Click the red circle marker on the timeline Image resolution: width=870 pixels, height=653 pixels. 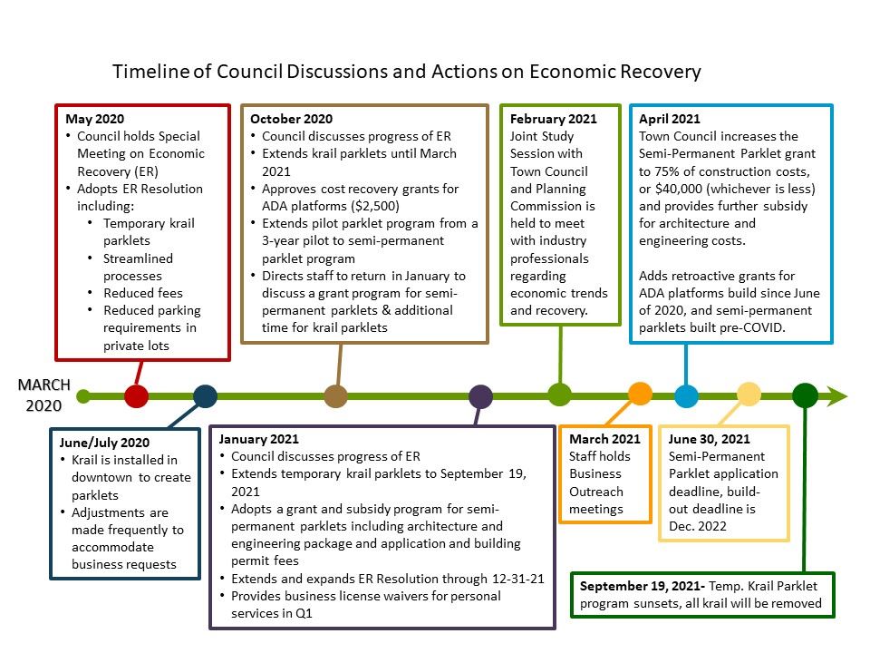pyautogui.click(x=136, y=395)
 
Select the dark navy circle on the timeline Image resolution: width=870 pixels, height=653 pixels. pyautogui.click(x=206, y=395)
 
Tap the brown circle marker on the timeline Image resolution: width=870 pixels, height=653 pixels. pyautogui.click(x=335, y=395)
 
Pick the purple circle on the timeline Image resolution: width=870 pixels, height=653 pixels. pyautogui.click(x=481, y=395)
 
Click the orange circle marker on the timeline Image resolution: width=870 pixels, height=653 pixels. pyautogui.click(x=641, y=393)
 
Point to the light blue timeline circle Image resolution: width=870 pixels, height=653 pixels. pyautogui.click(x=687, y=395)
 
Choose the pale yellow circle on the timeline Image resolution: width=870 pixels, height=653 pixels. pyautogui.click(x=749, y=393)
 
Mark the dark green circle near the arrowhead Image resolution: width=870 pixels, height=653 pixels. pyautogui.click(x=805, y=395)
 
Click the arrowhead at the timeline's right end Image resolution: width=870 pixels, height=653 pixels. pyautogui.click(x=837, y=395)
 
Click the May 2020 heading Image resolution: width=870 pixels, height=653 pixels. pyautogui.click(x=95, y=119)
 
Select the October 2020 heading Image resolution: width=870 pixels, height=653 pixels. pyautogui.click(x=291, y=119)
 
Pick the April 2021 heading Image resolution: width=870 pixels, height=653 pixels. pyautogui.click(x=670, y=119)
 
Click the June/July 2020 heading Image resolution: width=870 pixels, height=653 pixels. pyautogui.click(x=104, y=443)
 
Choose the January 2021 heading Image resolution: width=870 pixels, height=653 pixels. pyautogui.click(x=258, y=439)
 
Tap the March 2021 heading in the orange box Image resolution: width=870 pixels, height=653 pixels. pyautogui.click(x=604, y=439)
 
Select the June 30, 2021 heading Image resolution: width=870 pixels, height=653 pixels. pyautogui.click(x=709, y=439)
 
